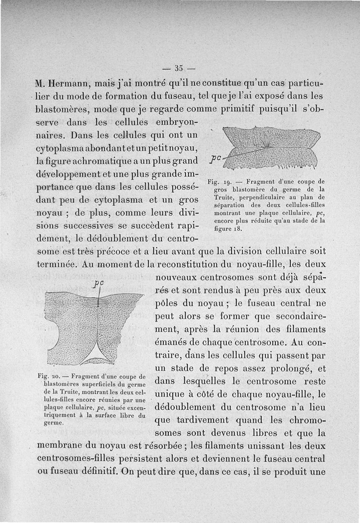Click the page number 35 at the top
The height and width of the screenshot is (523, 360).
(179, 68)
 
